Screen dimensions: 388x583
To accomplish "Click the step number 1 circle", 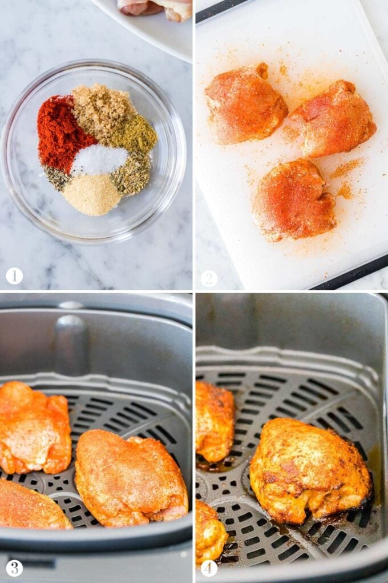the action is pos(14,276).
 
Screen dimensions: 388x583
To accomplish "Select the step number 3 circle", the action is pos(14,568).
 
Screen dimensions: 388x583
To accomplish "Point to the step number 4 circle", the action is pos(209,568).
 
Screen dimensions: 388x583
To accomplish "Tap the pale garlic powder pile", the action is pos(92,195).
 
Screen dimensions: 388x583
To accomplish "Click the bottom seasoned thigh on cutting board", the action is pos(294,200).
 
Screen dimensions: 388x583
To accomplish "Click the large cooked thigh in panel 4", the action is pos(310,470).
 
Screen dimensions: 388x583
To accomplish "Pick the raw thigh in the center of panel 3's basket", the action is pos(131,478).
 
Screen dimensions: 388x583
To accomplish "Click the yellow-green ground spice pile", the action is pos(135,134).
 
